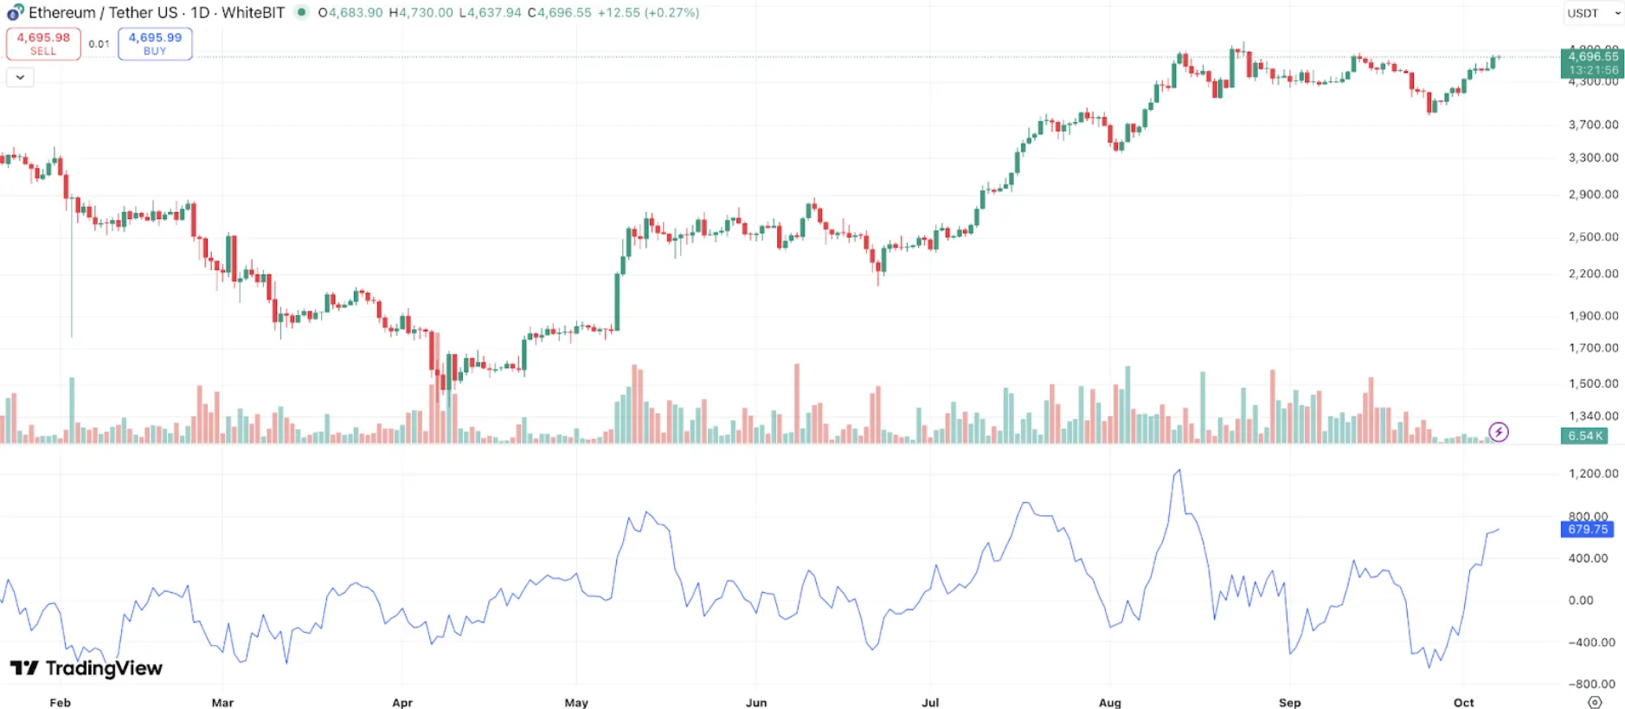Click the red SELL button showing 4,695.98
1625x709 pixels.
(x=43, y=43)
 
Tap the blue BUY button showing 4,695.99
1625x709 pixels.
(x=155, y=43)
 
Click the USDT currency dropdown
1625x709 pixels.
(x=1593, y=13)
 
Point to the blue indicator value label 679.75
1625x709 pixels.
(x=1587, y=529)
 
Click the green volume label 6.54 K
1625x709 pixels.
(x=1585, y=435)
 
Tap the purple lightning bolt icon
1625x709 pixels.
(x=1498, y=432)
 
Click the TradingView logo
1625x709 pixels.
(x=86, y=667)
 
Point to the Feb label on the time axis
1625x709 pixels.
(x=60, y=702)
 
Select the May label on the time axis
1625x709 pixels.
(x=576, y=702)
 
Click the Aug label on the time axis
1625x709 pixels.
(x=1109, y=702)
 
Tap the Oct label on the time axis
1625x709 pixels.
(x=1463, y=702)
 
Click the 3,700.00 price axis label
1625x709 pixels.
(x=1593, y=125)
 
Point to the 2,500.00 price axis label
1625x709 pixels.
(x=1593, y=236)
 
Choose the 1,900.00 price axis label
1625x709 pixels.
(x=1593, y=316)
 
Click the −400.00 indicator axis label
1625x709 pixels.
(x=1591, y=642)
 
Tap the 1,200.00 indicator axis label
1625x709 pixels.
(x=1593, y=474)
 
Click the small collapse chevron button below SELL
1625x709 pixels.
(x=20, y=77)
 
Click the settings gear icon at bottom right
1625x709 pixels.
(x=1595, y=702)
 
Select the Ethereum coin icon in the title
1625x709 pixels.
(x=15, y=13)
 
